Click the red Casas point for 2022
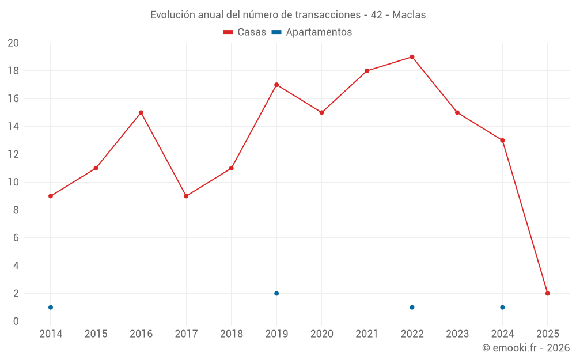[412, 57]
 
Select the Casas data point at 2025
[547, 293]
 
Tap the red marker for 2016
[141, 112]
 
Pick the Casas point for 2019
[276, 85]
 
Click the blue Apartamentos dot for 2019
[276, 293]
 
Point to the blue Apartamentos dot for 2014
[51, 307]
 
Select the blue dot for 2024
[502, 307]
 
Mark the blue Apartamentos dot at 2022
[412, 307]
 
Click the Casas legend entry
[245, 32]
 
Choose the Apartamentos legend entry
[312, 32]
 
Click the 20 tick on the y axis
[13, 43]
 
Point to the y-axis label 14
[13, 127]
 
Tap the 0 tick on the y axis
[16, 321]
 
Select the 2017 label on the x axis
[186, 334]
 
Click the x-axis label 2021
[367, 334]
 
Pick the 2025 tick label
[547, 334]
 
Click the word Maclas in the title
[409, 15]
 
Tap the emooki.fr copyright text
[525, 348]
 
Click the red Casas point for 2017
[186, 196]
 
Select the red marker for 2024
[502, 141]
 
